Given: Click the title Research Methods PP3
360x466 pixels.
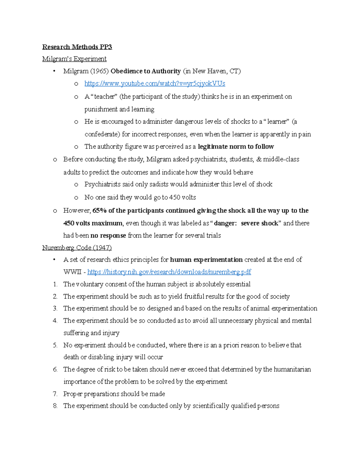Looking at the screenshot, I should coord(77,47).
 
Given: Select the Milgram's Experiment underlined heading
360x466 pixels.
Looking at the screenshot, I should coord(74,59).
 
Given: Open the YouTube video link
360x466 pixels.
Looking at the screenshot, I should coord(154,83).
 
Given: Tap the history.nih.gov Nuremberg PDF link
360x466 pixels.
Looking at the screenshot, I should coord(169,272).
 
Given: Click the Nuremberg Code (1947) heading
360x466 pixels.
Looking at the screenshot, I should coord(77,248).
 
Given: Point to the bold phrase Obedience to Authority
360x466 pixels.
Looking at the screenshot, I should coord(145,71).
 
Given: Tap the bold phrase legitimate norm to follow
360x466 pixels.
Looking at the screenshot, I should coord(236,146).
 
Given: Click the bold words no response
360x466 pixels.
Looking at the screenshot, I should coord(108,236).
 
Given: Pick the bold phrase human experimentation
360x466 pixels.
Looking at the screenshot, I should coord(206,260).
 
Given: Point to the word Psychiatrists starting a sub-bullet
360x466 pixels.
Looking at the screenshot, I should coord(102,184).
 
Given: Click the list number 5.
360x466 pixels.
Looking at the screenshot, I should coord(55,345).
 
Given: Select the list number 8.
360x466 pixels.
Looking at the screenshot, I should coord(55,406).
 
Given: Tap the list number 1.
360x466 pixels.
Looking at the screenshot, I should coord(55,284).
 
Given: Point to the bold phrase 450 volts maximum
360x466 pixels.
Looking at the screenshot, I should coord(93,223).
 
